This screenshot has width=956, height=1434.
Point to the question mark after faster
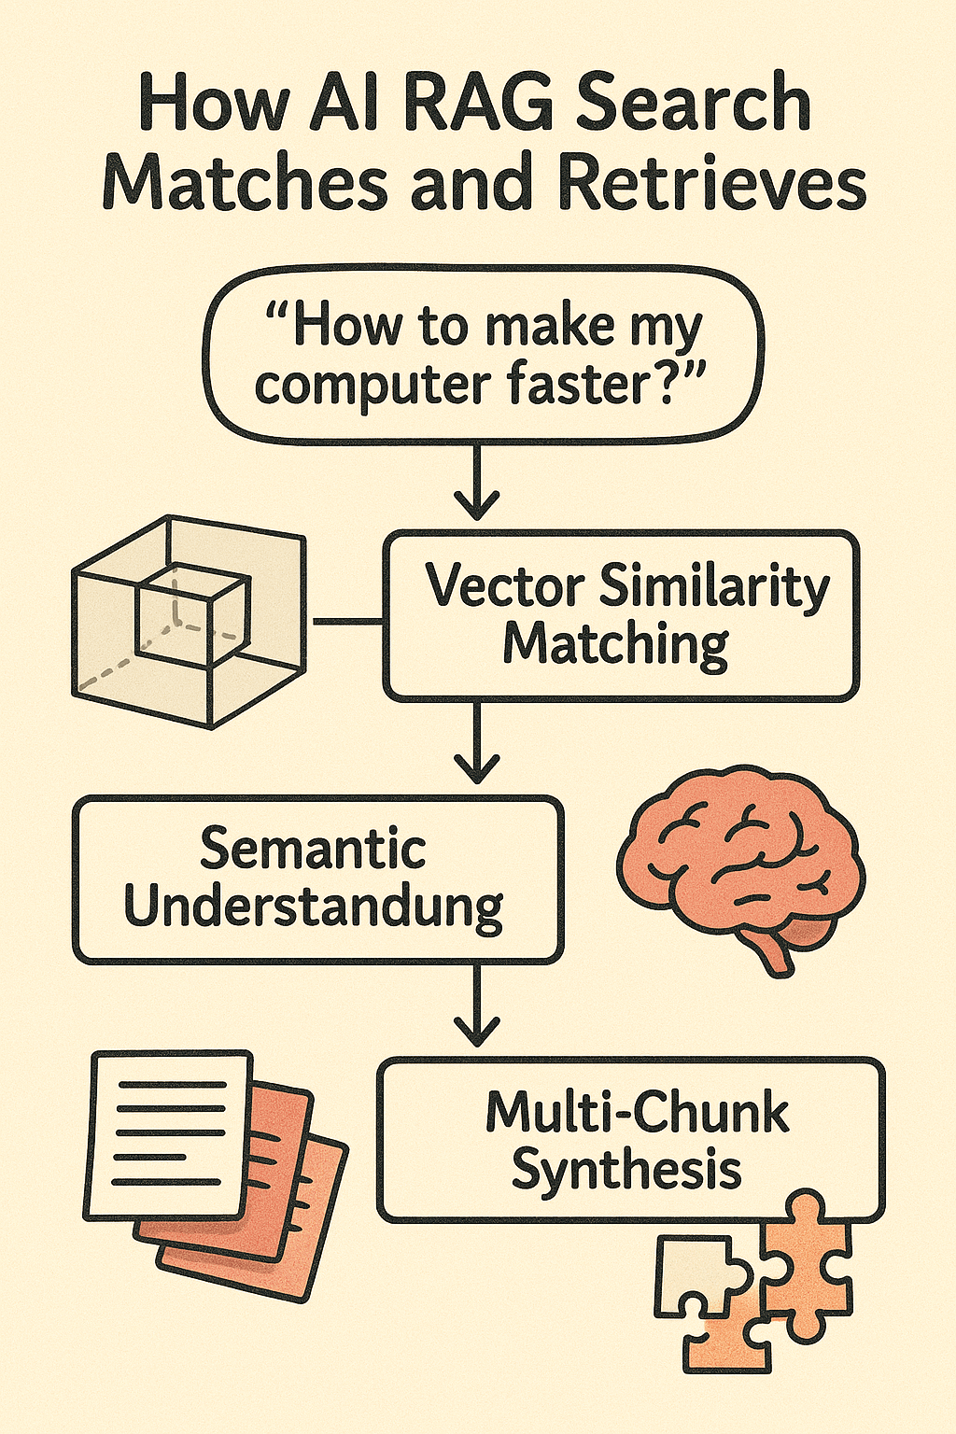[x=685, y=382]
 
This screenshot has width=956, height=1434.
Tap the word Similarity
[x=714, y=588]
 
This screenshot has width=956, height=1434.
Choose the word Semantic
[x=313, y=849]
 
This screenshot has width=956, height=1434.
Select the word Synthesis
[x=626, y=1170]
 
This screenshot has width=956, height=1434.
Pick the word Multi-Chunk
[x=638, y=1112]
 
